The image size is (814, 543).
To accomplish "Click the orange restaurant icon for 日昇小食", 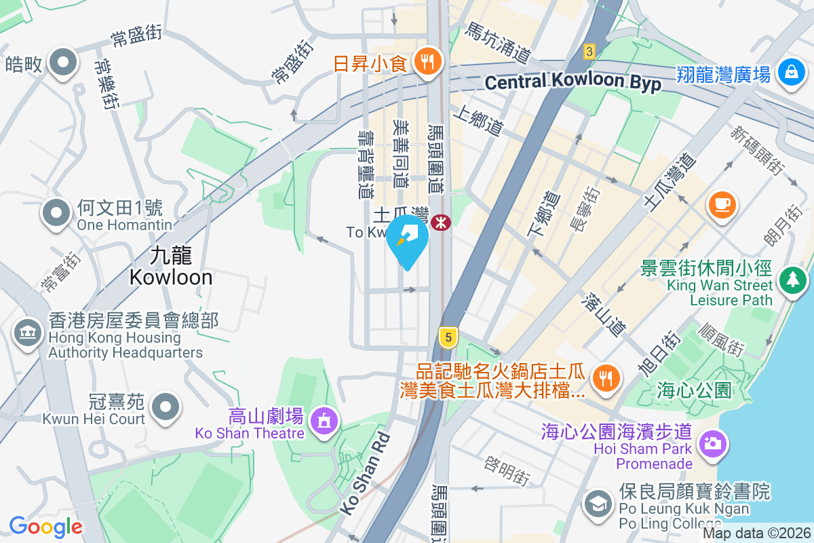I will pyautogui.click(x=427, y=62).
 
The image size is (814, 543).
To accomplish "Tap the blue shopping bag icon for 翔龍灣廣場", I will pyautogui.click(x=790, y=72).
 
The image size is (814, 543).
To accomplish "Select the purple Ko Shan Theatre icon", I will pyautogui.click(x=323, y=420).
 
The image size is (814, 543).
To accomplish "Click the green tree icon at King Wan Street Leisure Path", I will pyautogui.click(x=790, y=279).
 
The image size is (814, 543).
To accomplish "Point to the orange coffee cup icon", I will pyautogui.click(x=722, y=203).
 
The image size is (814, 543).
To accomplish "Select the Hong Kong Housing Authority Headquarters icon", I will pyautogui.click(x=28, y=334).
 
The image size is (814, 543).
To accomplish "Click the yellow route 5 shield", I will pyautogui.click(x=446, y=336).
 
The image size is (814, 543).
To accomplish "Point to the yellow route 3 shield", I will pyautogui.click(x=589, y=51).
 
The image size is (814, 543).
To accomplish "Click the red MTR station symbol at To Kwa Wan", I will pyautogui.click(x=441, y=221).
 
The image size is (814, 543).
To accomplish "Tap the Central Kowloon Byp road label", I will pyautogui.click(x=573, y=82).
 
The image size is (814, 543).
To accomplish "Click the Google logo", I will pyautogui.click(x=45, y=526).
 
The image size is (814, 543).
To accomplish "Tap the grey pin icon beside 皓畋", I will pyautogui.click(x=64, y=62).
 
